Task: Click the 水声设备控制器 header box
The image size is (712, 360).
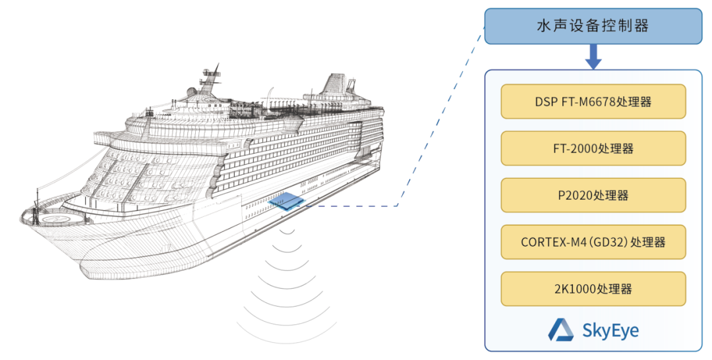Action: click(x=593, y=26)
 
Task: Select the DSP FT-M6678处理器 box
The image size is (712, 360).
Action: click(x=593, y=102)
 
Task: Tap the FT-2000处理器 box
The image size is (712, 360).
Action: click(x=593, y=148)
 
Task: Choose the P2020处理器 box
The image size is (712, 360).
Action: click(x=593, y=195)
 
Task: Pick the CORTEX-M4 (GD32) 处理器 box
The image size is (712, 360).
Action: click(x=593, y=242)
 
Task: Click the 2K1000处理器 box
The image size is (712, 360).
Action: click(x=593, y=289)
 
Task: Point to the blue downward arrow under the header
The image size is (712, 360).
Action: click(x=593, y=58)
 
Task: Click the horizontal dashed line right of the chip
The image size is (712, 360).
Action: click(x=356, y=206)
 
